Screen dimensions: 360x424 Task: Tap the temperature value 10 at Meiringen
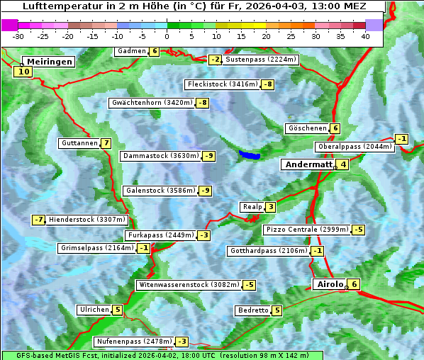coord(23,71)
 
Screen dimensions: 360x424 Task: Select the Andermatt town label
coord(308,164)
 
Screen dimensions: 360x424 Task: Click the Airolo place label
coord(330,284)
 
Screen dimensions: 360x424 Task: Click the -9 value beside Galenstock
coord(205,191)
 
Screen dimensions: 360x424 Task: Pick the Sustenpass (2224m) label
coord(260,60)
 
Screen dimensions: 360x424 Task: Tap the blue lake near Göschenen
coord(250,154)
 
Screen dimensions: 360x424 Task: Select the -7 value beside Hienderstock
coord(38,220)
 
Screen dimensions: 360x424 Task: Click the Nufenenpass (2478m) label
coord(134,342)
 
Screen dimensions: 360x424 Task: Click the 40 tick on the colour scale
coord(365,36)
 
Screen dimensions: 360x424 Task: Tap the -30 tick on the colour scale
coord(18,36)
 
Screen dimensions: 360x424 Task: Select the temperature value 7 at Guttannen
coord(106,143)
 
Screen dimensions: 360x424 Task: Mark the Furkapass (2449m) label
coord(160,235)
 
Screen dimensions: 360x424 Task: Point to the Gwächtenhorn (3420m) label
coord(152,103)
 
